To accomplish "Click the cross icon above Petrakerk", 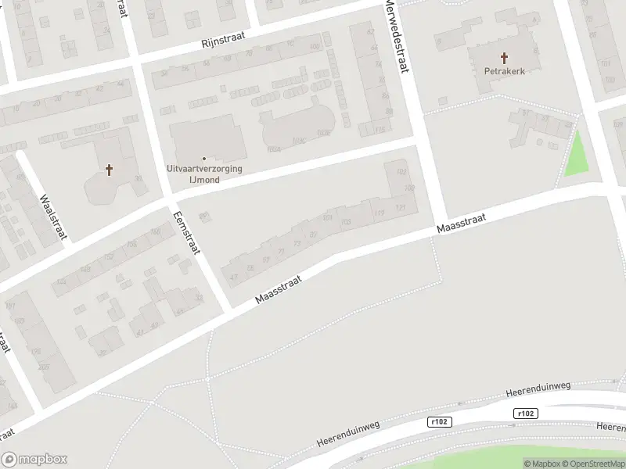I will point(505,57).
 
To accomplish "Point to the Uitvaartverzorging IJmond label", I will point(204,174).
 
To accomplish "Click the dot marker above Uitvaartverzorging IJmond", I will point(204,159).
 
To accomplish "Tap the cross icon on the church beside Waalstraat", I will point(110,169).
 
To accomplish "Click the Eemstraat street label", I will point(188,232).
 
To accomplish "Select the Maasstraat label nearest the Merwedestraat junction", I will point(462,224).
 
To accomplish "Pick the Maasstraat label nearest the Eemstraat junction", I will point(279,288).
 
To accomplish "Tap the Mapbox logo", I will point(34,460).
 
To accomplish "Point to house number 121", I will point(401,208).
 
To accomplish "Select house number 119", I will point(380,212).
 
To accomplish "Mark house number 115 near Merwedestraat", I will point(380,130).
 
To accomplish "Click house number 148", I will point(85,270).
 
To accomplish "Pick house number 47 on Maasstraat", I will point(232,276).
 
